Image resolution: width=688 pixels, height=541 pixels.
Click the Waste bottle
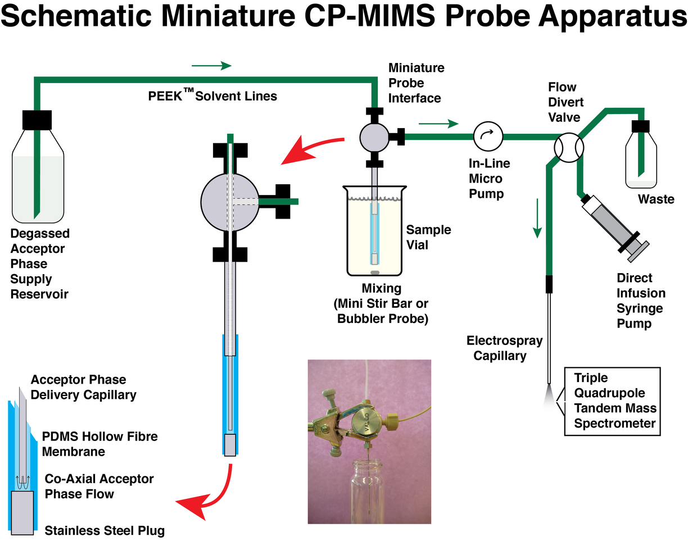(641, 157)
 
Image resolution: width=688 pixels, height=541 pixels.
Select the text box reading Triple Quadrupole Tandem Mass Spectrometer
(611, 401)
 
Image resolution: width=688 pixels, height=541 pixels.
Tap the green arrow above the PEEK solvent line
(211, 66)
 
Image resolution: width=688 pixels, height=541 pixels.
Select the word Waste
(655, 199)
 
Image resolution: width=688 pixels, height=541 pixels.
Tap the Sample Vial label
(428, 237)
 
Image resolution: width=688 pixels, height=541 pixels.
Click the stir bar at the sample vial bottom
(374, 273)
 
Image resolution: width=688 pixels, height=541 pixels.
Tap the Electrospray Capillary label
(496, 348)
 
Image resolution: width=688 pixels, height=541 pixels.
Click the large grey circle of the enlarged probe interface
(229, 201)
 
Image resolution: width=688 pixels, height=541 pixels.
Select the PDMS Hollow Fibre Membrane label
(100, 444)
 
